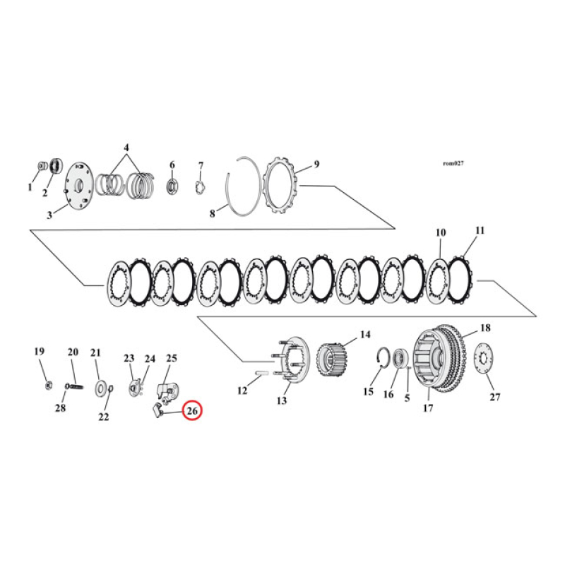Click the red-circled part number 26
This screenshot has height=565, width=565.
[192, 410]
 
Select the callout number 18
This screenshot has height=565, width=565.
[485, 328]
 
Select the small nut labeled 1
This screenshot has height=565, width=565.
[40, 167]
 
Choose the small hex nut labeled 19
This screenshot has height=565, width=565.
[47, 384]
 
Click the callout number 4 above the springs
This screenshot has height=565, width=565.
[126, 148]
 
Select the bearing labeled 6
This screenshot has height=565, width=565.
[172, 186]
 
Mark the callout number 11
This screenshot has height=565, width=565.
[480, 230]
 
